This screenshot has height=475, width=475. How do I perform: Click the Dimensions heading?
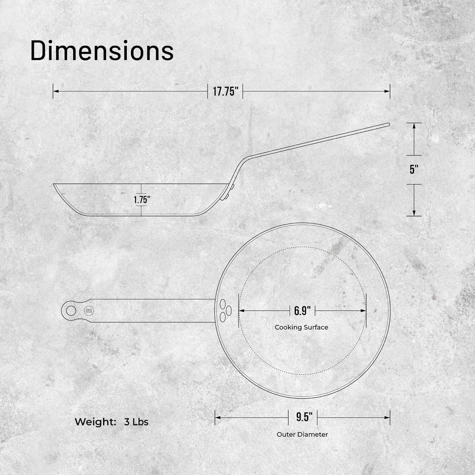[x=102, y=51]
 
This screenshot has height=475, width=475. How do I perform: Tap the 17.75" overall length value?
[x=225, y=92]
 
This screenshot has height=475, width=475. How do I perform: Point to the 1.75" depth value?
[x=141, y=199]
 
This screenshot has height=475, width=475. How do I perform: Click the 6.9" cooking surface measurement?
[x=302, y=311]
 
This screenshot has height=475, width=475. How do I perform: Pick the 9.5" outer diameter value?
[x=302, y=417]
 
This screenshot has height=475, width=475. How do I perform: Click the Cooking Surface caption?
[x=301, y=327]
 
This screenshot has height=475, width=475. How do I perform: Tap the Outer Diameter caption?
[x=302, y=434]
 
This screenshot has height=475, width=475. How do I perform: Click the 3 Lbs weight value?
[x=136, y=422]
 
